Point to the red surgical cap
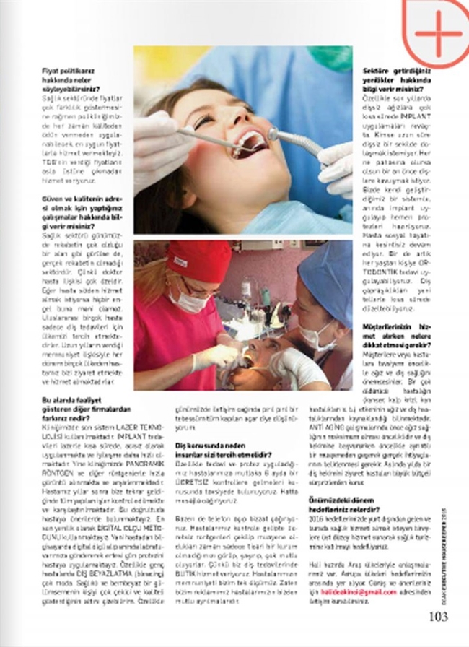click(198, 260)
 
